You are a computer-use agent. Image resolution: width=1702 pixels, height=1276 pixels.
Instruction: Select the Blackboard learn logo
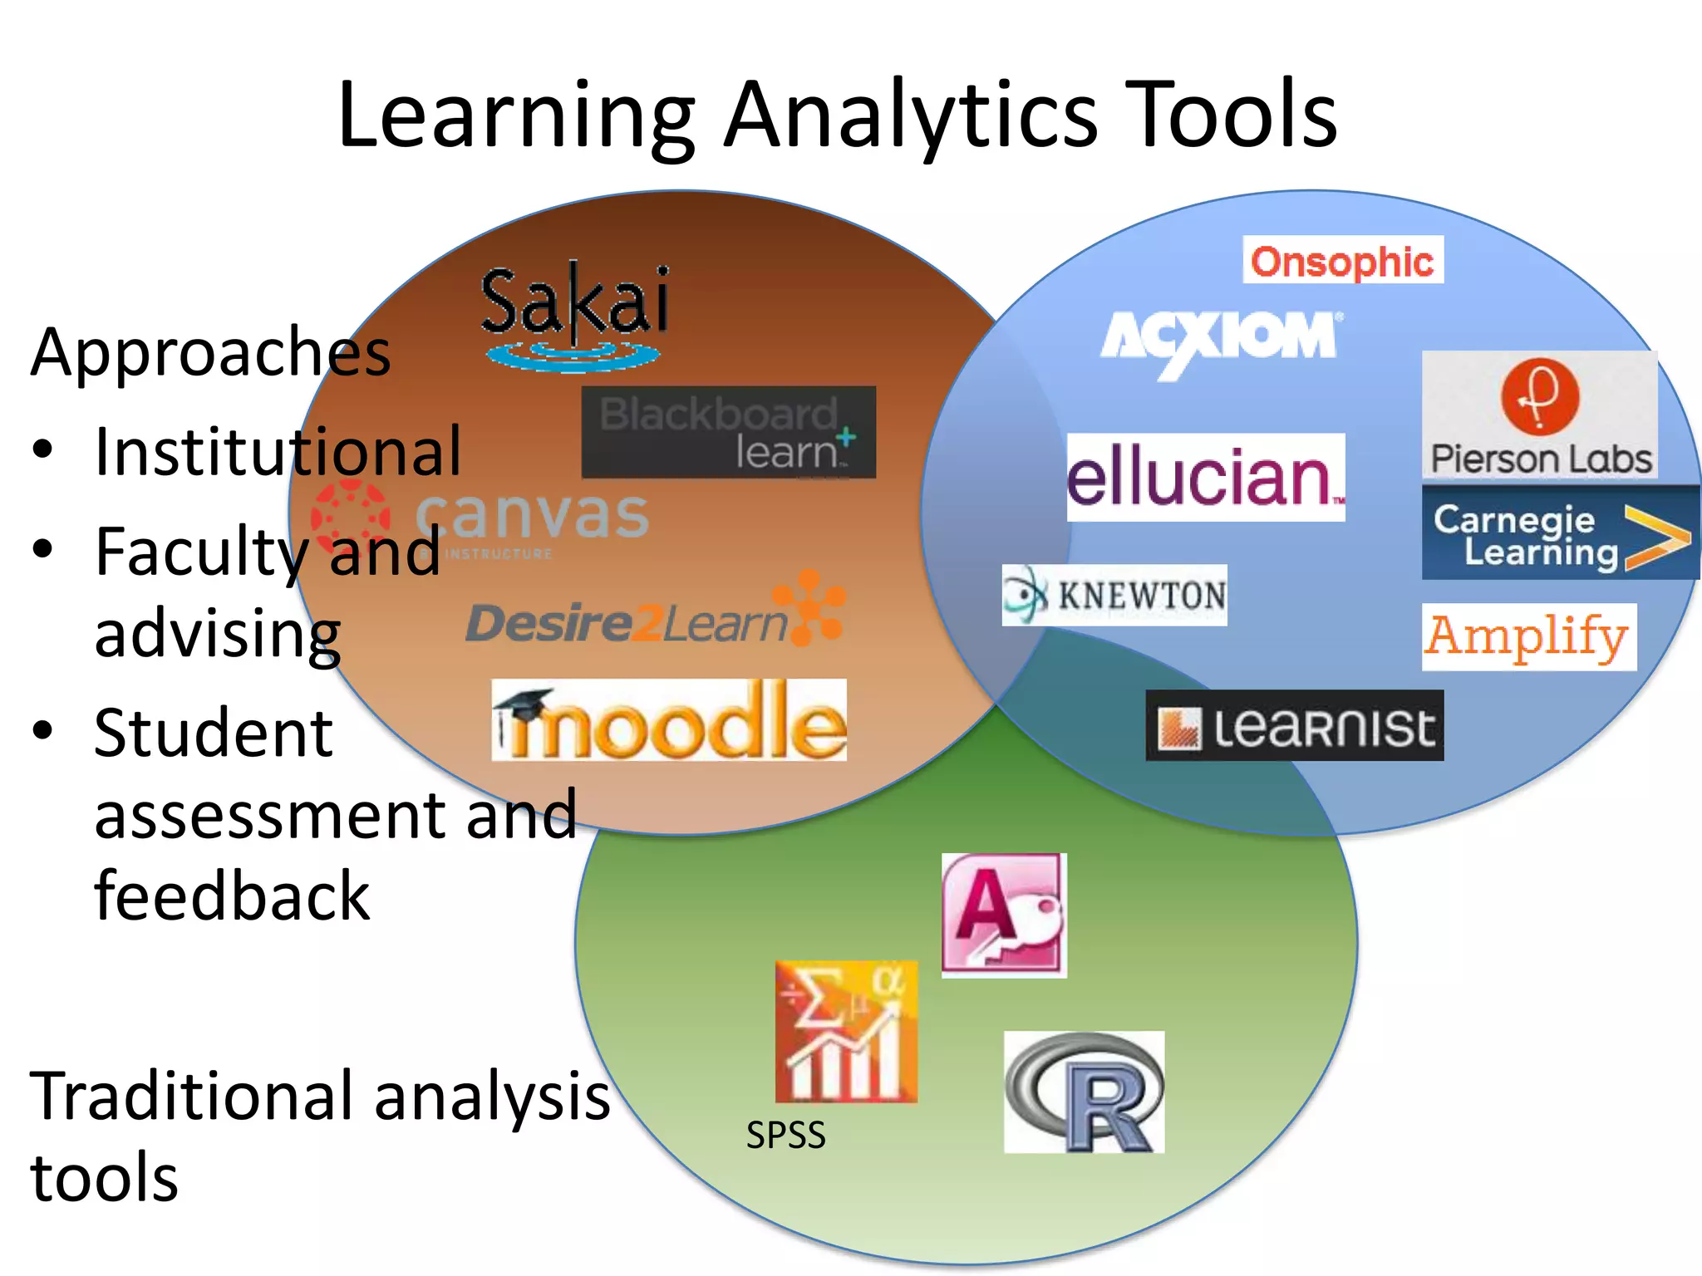click(x=728, y=432)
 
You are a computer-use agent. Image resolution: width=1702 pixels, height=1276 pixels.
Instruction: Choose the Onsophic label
click(x=1342, y=261)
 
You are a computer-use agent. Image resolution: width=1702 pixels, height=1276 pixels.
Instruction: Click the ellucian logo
click(x=1206, y=477)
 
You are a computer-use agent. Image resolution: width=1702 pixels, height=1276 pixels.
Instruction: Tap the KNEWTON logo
click(x=1114, y=595)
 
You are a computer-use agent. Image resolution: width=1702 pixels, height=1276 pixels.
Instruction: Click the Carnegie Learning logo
click(x=1560, y=533)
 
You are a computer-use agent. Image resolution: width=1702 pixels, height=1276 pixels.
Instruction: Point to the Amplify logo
click(x=1528, y=637)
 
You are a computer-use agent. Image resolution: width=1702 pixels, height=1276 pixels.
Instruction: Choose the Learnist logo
click(x=1294, y=726)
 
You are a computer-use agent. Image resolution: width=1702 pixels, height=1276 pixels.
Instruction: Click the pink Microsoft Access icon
click(x=1004, y=915)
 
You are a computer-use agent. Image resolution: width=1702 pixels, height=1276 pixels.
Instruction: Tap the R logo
click(x=1084, y=1092)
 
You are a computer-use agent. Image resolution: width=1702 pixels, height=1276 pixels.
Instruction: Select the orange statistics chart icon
click(x=846, y=1031)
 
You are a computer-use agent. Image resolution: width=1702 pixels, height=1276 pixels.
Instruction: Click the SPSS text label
click(x=785, y=1135)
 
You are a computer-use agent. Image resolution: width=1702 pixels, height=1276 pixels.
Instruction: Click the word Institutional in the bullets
click(x=278, y=452)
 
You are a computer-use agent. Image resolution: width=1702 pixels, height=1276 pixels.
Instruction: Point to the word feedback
click(x=232, y=896)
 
